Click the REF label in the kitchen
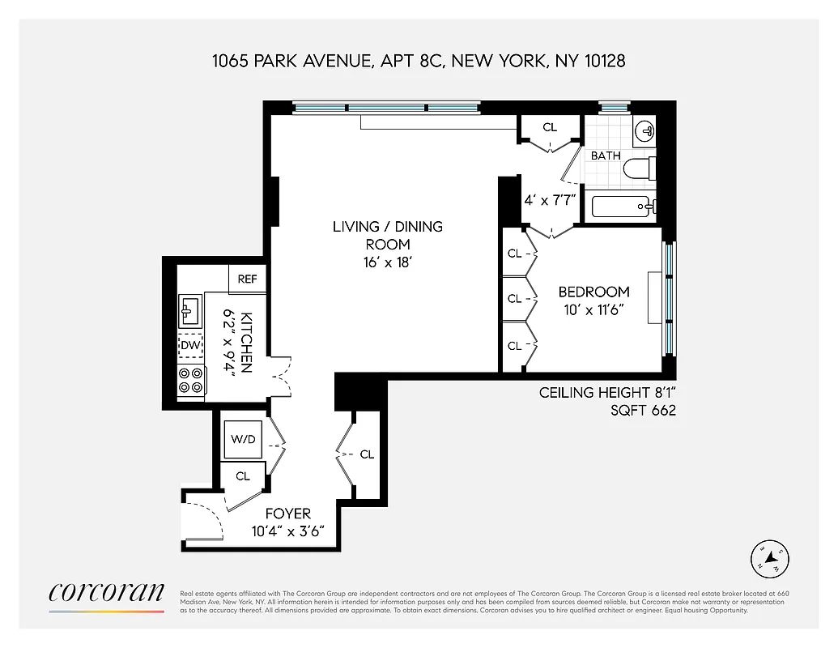pyautogui.click(x=247, y=279)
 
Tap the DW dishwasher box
pyautogui.click(x=190, y=346)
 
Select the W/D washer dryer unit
pyautogui.click(x=242, y=440)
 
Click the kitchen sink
pyautogui.click(x=191, y=309)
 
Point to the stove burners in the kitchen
pyautogui.click(x=191, y=381)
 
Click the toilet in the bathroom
pyautogui.click(x=640, y=169)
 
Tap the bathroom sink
pyautogui.click(x=644, y=131)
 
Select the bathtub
pyautogui.click(x=623, y=207)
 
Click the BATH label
pyautogui.click(x=605, y=156)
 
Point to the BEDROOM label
pyautogui.click(x=593, y=292)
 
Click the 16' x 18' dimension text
pyautogui.click(x=388, y=262)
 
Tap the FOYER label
pyautogui.click(x=287, y=514)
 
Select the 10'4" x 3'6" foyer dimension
pyautogui.click(x=287, y=531)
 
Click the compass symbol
pyautogui.click(x=769, y=557)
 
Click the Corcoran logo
pyautogui.click(x=106, y=593)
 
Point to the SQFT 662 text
pyautogui.click(x=643, y=411)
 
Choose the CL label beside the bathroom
pyautogui.click(x=550, y=127)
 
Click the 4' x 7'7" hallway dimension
pyautogui.click(x=550, y=200)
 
